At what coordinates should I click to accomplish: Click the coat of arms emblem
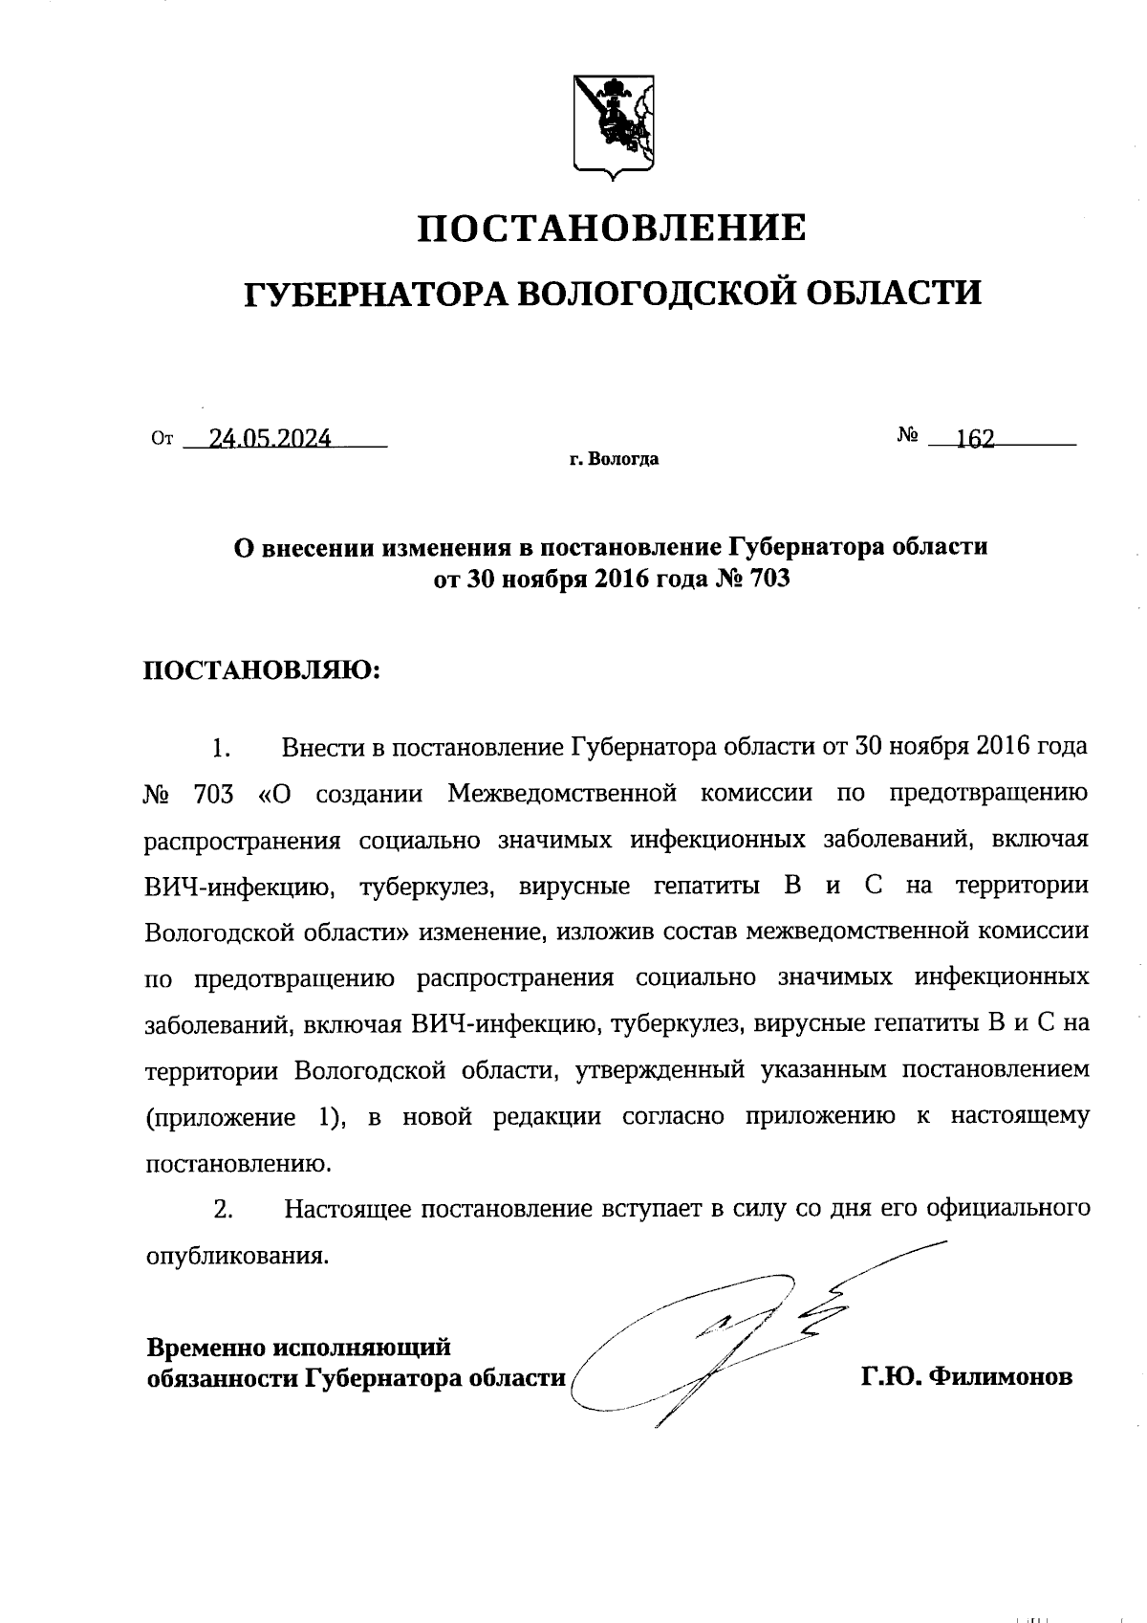614,124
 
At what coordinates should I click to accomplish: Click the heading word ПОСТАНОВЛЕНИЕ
613,229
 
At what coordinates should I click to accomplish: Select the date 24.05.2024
271,439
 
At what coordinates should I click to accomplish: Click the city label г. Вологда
614,460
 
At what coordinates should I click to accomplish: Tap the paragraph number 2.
223,1210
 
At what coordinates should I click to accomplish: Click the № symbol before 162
908,436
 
